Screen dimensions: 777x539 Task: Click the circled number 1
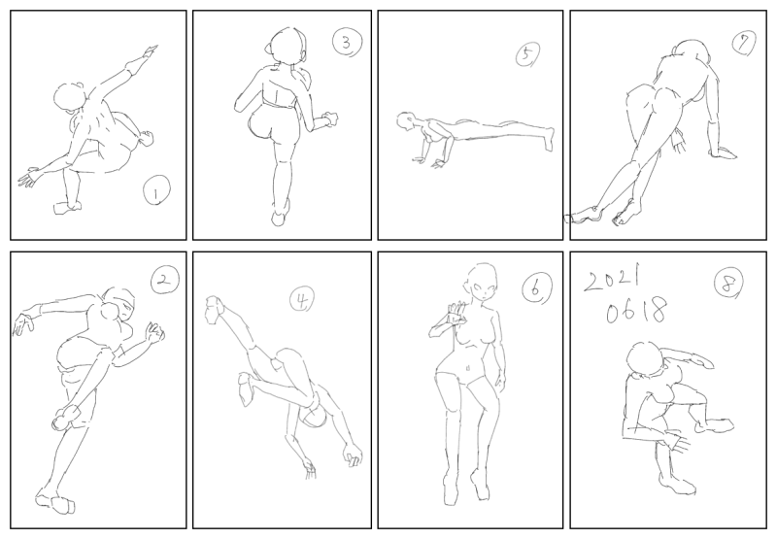pyautogui.click(x=156, y=190)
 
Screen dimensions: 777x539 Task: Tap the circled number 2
pyautogui.click(x=164, y=281)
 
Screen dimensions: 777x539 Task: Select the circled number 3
pyautogui.click(x=347, y=43)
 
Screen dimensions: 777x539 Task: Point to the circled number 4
pyautogui.click(x=302, y=299)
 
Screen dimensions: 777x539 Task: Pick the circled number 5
pyautogui.click(x=527, y=54)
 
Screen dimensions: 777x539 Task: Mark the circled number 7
pyautogui.click(x=743, y=44)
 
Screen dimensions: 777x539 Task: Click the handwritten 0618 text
pyautogui.click(x=636, y=311)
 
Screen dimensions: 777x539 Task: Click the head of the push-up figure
pyautogui.click(x=406, y=121)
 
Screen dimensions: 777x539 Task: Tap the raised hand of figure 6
pyautogui.click(x=455, y=314)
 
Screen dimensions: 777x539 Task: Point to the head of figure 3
pyautogui.click(x=287, y=46)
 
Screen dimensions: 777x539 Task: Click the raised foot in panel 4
pyautogui.click(x=215, y=310)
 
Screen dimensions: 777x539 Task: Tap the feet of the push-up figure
pyautogui.click(x=549, y=139)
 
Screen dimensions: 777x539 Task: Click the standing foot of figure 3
pyautogui.click(x=280, y=215)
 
